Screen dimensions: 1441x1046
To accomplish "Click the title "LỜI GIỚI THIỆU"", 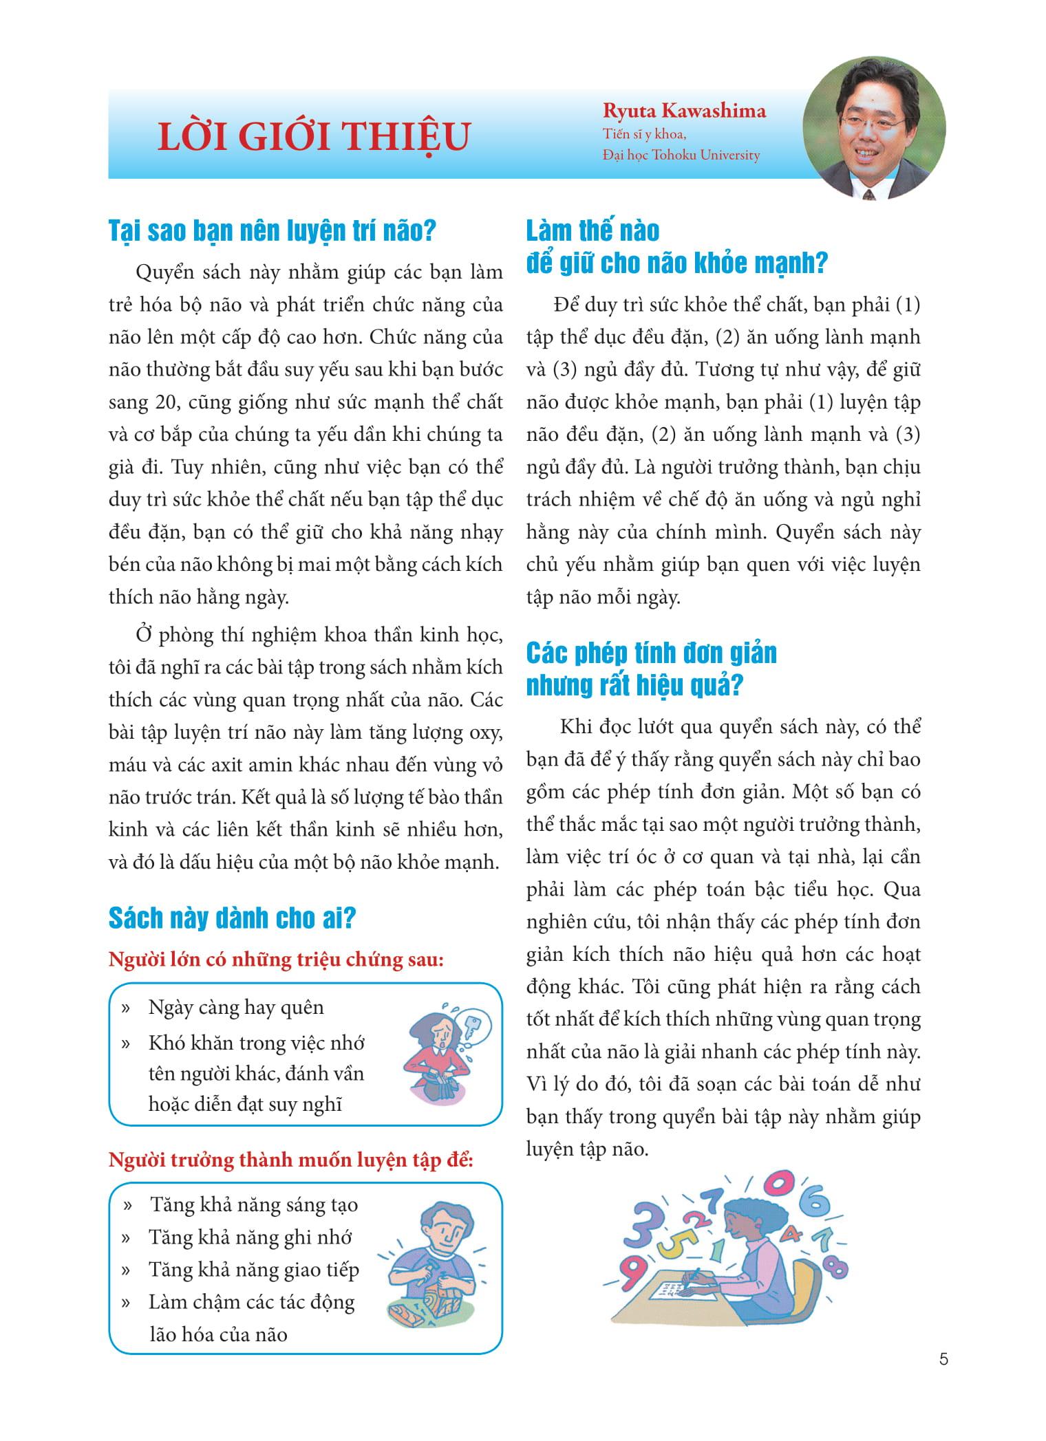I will [x=314, y=137].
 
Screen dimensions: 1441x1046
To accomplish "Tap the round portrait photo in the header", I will [x=874, y=128].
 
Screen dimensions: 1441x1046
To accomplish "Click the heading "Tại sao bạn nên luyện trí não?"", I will [x=273, y=230].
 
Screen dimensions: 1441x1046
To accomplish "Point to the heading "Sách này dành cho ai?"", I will [x=232, y=918].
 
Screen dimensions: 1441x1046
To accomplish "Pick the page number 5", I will [x=943, y=1359].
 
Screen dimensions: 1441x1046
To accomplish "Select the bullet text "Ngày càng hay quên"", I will [x=236, y=1008].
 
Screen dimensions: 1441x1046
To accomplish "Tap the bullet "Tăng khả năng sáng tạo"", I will [x=254, y=1205].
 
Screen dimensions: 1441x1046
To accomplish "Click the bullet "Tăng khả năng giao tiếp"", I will [x=254, y=1270].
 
